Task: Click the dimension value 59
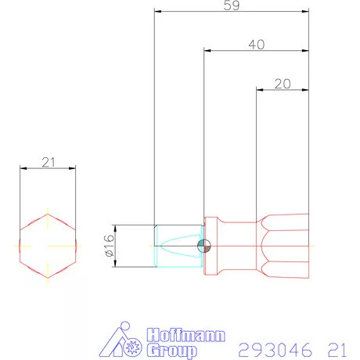point(232,6)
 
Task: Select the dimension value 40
point(255,45)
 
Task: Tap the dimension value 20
point(283,83)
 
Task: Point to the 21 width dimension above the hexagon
point(48,162)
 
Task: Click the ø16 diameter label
point(109,246)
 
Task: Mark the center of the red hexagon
point(48,244)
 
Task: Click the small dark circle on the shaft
point(204,246)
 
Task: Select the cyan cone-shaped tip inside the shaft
point(178,245)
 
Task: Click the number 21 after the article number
point(338,347)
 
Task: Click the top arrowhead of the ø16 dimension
point(116,228)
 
